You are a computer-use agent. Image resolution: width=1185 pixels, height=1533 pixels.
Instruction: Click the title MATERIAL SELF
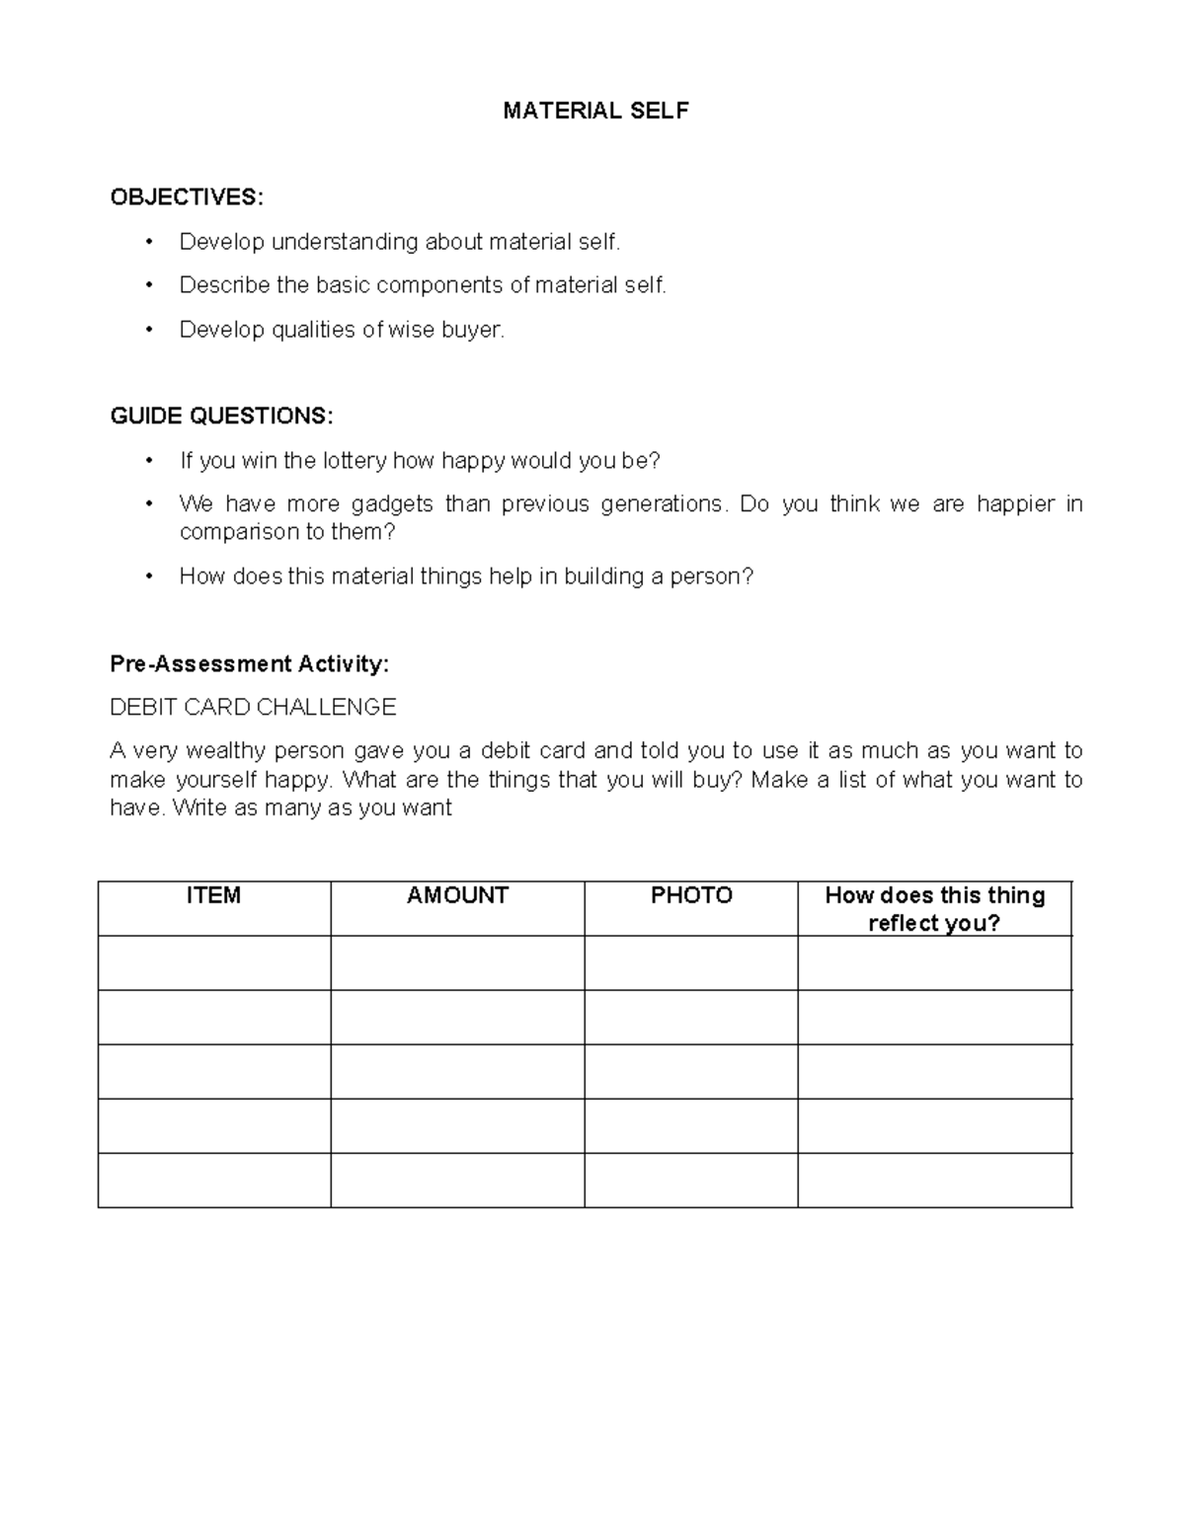coord(595,112)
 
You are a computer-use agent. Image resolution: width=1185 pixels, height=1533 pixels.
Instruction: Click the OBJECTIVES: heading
coord(187,197)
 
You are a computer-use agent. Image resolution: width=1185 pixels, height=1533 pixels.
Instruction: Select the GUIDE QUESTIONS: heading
coord(221,417)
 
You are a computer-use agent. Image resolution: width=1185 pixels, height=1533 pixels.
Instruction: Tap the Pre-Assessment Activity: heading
coord(249,664)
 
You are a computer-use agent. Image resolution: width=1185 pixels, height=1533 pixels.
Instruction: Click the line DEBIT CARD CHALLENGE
coord(253,708)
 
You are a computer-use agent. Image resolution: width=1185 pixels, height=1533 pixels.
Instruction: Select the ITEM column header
coord(213,895)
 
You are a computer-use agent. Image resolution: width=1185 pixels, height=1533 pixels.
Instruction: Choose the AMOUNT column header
coord(457,895)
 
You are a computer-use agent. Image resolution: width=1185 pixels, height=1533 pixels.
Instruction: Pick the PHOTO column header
coord(691,895)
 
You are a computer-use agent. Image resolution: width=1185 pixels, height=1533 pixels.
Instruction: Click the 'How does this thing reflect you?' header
coord(934,909)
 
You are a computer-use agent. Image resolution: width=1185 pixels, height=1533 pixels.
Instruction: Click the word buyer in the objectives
coord(473,330)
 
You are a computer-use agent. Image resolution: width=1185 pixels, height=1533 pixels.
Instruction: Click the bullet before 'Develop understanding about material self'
coord(149,243)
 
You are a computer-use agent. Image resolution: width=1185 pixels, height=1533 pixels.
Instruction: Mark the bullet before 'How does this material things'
coord(149,576)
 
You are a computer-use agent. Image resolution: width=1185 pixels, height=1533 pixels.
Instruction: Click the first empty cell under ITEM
coord(213,963)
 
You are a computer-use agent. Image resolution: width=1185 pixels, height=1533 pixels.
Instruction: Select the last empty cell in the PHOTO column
coord(691,1181)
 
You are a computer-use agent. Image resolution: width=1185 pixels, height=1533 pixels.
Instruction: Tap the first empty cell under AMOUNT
coord(457,963)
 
